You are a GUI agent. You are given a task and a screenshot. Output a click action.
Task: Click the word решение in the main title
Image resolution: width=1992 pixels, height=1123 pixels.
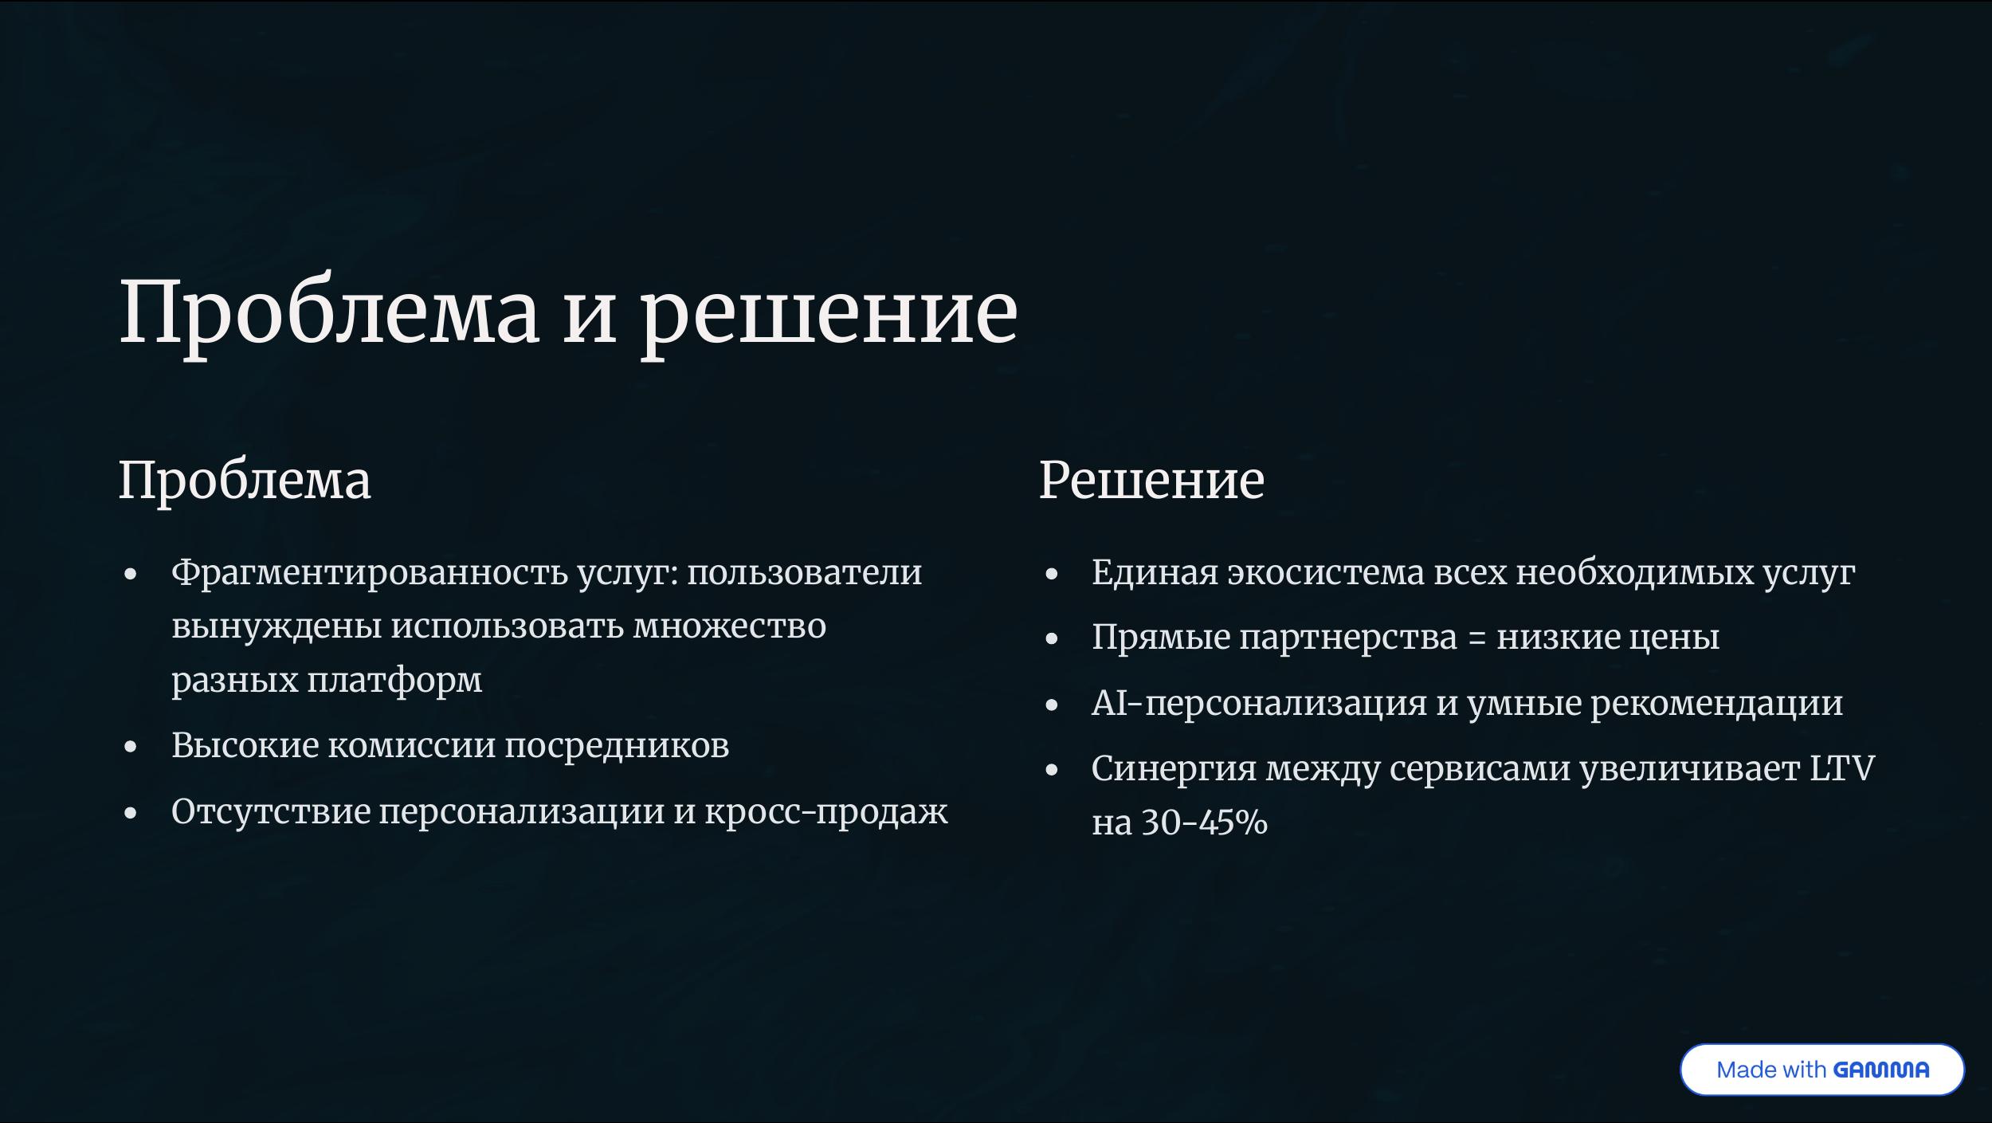829,315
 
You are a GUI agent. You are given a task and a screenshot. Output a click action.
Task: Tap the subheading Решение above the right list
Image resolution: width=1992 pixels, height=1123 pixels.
1151,481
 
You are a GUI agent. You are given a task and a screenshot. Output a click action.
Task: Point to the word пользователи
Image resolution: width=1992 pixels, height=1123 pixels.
805,572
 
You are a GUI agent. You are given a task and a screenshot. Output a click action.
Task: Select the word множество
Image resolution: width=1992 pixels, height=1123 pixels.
730,626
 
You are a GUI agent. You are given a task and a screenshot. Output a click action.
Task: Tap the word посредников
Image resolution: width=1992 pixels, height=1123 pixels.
617,746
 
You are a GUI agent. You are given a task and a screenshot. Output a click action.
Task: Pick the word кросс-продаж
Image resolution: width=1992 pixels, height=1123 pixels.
826,812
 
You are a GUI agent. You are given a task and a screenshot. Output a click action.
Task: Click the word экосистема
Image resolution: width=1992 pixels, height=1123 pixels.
1326,573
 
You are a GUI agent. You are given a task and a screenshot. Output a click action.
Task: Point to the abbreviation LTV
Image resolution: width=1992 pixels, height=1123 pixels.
1843,768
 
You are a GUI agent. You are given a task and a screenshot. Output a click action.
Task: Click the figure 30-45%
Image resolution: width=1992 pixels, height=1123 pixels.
1205,823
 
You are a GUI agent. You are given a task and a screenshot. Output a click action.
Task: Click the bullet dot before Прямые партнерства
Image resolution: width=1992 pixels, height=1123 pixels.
1052,639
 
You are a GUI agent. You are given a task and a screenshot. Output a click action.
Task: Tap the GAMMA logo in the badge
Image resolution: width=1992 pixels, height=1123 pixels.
1881,1070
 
